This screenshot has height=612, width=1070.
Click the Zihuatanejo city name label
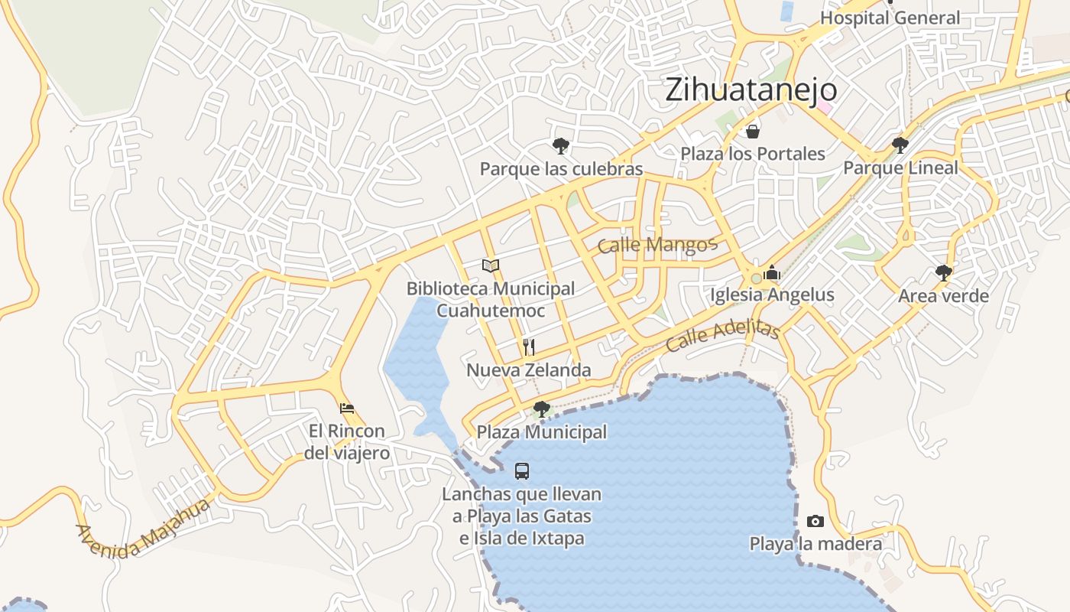point(751,90)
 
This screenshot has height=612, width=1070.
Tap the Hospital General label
point(890,18)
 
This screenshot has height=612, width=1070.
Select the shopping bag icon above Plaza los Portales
point(753,132)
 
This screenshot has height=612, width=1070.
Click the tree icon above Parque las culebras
point(561,145)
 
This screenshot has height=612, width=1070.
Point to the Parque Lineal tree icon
point(900,144)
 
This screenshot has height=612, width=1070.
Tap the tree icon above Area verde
point(944,272)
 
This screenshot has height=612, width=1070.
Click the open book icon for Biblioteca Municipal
point(491,265)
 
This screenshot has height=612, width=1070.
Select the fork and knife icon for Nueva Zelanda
point(528,347)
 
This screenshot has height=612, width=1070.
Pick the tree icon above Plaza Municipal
point(542,409)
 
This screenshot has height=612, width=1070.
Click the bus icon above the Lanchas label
point(522,471)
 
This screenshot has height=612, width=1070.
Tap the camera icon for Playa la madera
point(815,521)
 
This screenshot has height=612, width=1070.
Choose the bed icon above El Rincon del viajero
point(347,408)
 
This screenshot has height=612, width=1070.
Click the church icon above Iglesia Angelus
point(772,272)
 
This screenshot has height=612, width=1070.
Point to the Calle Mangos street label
point(657,245)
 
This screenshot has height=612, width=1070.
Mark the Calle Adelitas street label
point(722,336)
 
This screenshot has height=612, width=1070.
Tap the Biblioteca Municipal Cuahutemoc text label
point(491,299)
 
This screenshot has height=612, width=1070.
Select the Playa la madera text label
point(815,544)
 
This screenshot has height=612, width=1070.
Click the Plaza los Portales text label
point(753,154)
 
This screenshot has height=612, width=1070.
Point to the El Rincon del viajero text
point(347,442)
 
